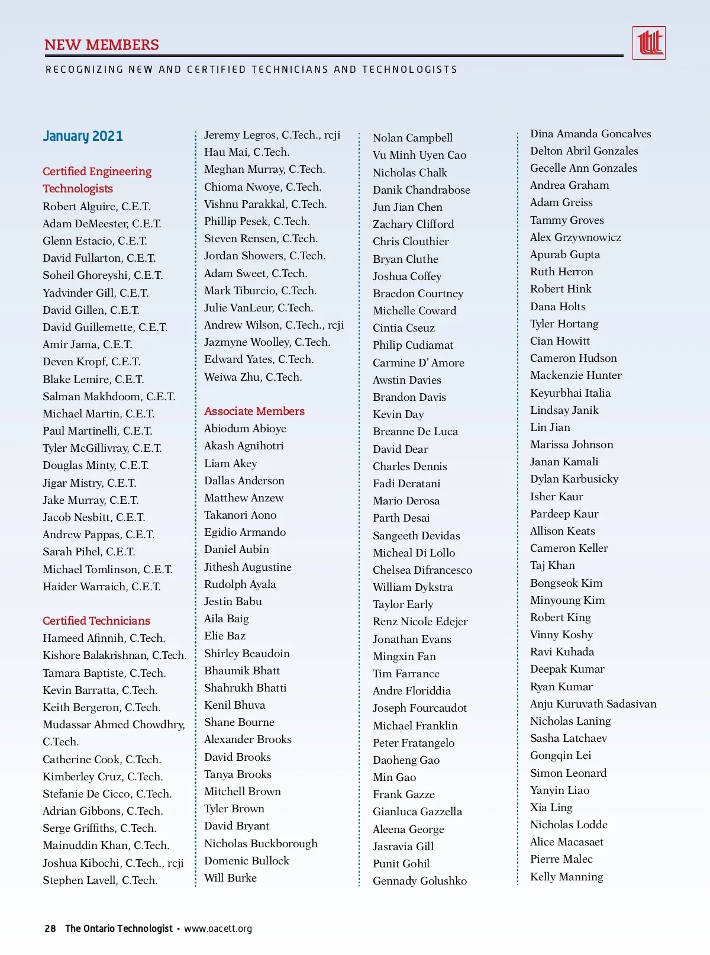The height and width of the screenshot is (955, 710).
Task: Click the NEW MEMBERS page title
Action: tap(102, 45)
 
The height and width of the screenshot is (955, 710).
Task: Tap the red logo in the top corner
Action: tap(649, 43)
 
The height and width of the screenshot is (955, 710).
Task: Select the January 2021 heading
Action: tap(83, 136)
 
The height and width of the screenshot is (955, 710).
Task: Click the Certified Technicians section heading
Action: tap(96, 620)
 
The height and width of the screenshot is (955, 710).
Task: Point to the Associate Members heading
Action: tap(254, 411)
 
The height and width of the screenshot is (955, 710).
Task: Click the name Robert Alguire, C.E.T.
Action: tap(96, 207)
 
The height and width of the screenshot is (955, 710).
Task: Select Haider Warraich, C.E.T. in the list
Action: tap(102, 587)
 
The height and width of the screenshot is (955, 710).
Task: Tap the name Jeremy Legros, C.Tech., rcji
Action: tap(272, 135)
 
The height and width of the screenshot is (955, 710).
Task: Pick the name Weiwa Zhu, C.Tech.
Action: tap(253, 377)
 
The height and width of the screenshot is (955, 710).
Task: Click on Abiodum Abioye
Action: tap(245, 429)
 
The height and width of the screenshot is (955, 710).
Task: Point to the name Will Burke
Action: tap(230, 878)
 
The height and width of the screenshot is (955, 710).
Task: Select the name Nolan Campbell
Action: tap(412, 138)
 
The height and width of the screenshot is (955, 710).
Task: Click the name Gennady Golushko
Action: tap(419, 881)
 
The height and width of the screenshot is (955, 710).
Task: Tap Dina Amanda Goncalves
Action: tap(590, 134)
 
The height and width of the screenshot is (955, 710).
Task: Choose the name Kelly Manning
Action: tap(566, 877)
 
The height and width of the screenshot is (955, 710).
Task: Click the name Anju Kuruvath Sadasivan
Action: tap(593, 704)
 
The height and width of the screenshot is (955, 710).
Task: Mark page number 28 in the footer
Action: tap(50, 928)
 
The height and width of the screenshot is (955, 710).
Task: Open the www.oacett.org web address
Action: tap(218, 928)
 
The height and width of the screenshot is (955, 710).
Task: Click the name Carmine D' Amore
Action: tap(418, 363)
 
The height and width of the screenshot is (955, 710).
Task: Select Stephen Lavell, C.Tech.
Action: tap(100, 880)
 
